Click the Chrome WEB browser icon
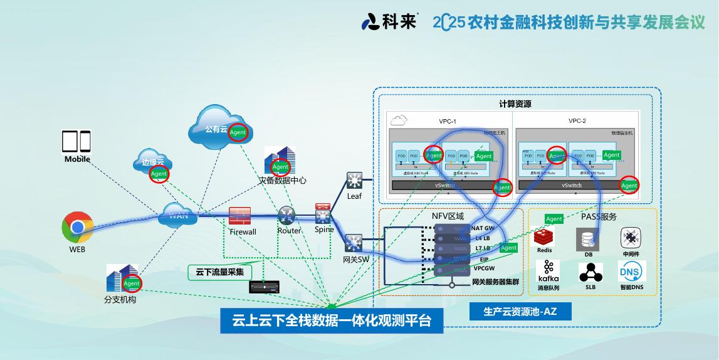point(77,227)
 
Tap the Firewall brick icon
point(240,216)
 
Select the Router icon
point(287,216)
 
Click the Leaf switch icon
point(354,181)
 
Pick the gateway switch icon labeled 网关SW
point(353,243)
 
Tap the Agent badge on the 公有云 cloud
point(238,132)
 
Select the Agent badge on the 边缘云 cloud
point(159,174)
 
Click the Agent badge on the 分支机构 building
point(132,283)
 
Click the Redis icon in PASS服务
point(544,238)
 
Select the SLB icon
point(590,273)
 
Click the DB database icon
point(588,239)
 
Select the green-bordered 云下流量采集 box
point(219,272)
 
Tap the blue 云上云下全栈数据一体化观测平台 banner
point(332,321)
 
